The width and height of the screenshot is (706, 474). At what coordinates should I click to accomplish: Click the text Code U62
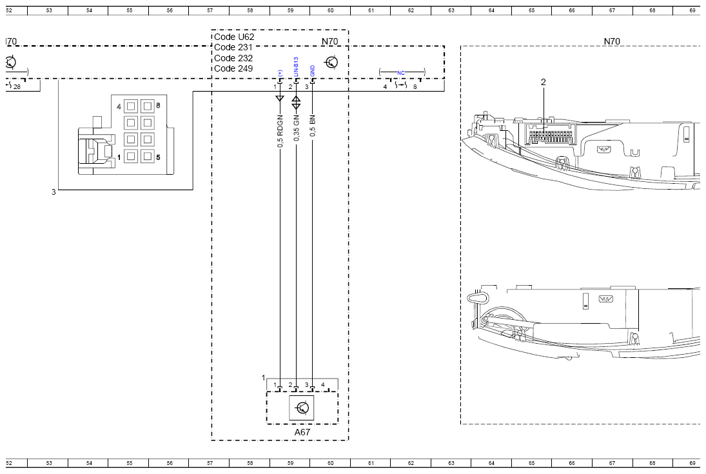[x=234, y=37]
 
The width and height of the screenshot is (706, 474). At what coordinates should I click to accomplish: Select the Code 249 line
[x=233, y=68]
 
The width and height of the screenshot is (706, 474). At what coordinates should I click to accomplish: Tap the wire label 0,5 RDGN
[x=280, y=132]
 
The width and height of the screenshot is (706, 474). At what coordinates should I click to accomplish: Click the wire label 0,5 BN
[x=313, y=126]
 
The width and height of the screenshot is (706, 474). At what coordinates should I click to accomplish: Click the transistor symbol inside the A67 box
[x=302, y=408]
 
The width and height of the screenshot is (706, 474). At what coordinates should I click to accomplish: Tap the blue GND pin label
[x=313, y=70]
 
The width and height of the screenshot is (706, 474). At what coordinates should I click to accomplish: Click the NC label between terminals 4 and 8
[x=402, y=71]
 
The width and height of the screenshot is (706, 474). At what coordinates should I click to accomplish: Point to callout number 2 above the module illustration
[x=543, y=82]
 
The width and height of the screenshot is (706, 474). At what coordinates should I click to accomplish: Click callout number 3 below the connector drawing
[x=54, y=192]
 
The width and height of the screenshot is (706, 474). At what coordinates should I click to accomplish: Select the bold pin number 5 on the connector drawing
[x=158, y=157]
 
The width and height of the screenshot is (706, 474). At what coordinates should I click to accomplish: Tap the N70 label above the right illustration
[x=611, y=41]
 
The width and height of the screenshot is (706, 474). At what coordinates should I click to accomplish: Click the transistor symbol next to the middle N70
[x=331, y=63]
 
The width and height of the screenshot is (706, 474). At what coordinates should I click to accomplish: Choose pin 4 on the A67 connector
[x=323, y=385]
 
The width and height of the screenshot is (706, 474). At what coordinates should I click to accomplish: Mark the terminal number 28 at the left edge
[x=17, y=86]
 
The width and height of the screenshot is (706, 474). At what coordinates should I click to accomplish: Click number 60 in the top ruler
[x=330, y=11]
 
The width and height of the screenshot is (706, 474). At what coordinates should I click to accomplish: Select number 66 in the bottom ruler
[x=572, y=463]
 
